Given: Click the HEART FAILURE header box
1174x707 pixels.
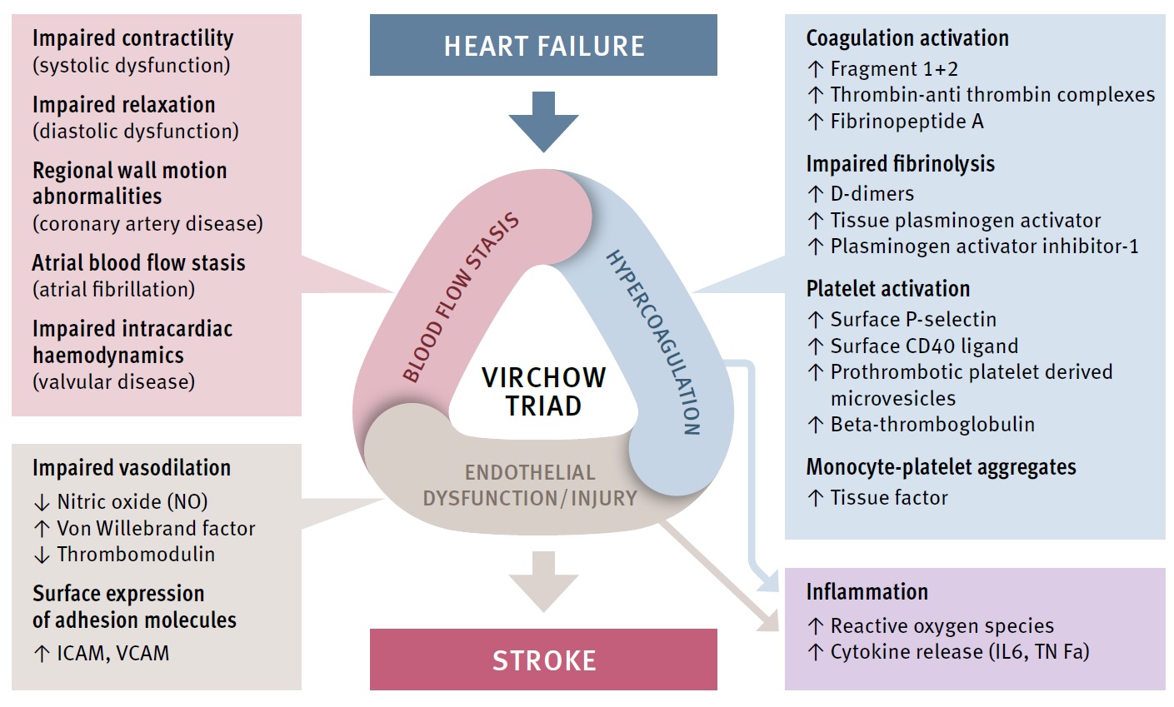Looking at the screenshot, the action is [x=543, y=45].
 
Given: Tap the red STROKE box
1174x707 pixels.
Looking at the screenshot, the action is [x=543, y=660].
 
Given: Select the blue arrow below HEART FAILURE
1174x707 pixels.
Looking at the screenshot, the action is [x=543, y=122].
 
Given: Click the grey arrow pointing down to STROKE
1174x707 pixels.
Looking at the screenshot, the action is [x=543, y=581].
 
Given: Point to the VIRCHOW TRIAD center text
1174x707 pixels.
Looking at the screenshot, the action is [x=543, y=391].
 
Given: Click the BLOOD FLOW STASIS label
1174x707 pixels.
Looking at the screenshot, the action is [x=461, y=297].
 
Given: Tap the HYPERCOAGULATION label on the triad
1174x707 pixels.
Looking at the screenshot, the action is [x=653, y=342].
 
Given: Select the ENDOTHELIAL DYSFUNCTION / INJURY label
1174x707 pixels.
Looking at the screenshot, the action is [x=530, y=485].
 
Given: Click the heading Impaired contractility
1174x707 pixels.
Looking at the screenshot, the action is [x=132, y=38].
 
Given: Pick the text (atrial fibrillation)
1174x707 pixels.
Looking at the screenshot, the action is [x=113, y=289].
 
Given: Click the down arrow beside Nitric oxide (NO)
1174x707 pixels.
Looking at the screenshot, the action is [x=42, y=502].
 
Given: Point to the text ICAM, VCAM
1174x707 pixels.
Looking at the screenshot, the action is [x=113, y=653].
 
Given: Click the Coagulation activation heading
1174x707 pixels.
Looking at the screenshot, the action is [x=907, y=38].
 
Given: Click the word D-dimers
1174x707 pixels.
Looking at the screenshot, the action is [x=872, y=194].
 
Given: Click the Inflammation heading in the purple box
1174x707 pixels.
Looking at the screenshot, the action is [x=867, y=592].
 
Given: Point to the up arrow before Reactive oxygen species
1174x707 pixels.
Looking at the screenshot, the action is [x=815, y=626].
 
